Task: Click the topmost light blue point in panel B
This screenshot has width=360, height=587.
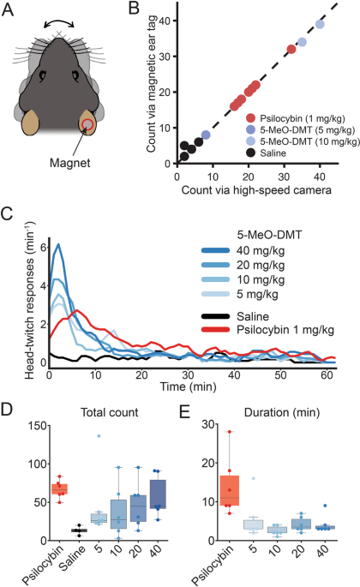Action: (x=320, y=25)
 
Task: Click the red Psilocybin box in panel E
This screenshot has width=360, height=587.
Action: (x=229, y=488)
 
